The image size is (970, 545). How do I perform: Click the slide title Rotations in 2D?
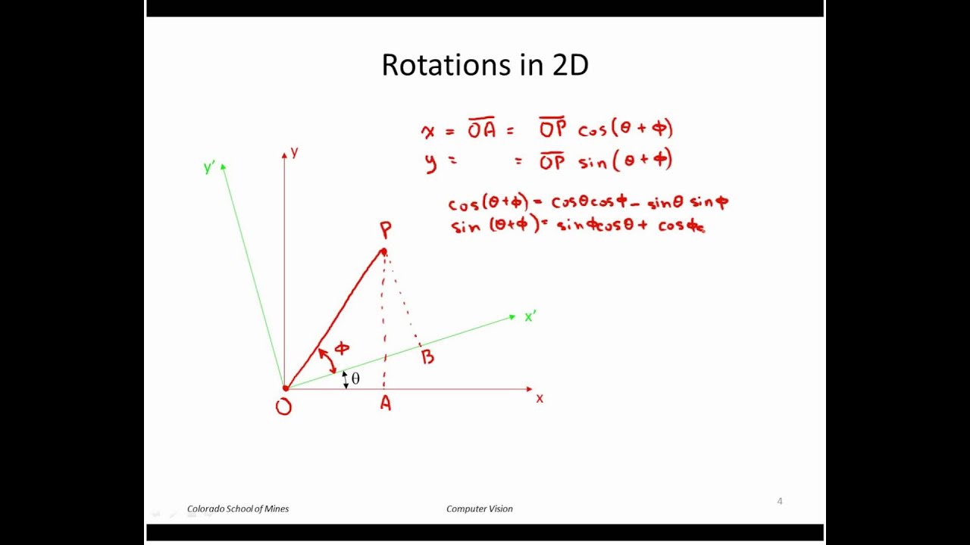coord(485,65)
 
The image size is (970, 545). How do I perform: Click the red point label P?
coord(386,230)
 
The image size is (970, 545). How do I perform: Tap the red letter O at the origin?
coord(283,407)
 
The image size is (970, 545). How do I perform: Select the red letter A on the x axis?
coord(386,404)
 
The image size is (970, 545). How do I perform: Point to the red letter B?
coord(428,357)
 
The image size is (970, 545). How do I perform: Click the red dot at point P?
coord(383,252)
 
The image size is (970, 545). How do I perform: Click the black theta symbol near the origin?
coord(355,378)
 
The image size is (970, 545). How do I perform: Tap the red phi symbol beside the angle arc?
coord(342,348)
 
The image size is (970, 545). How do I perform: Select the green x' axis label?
coord(530,316)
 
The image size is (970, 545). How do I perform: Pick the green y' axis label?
coord(209,167)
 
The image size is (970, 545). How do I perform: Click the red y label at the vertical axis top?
coord(294,152)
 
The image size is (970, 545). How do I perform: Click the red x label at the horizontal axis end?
coord(540,398)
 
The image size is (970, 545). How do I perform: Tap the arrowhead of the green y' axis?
coord(224,167)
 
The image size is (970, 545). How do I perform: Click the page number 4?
coord(780,501)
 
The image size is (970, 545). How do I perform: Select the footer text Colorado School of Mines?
coord(238,509)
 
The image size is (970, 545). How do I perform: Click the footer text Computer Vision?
coord(480,509)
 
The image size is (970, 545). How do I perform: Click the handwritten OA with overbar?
coord(481,129)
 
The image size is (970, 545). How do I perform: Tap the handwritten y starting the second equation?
coord(431,162)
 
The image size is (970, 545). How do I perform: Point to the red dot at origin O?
coord(286,388)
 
